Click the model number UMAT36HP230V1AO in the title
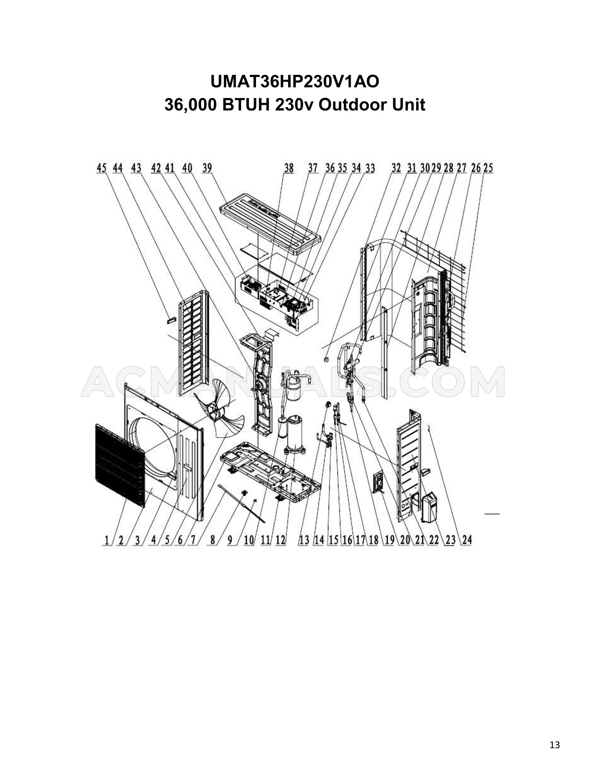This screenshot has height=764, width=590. [x=295, y=82]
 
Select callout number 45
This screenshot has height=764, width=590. [x=102, y=168]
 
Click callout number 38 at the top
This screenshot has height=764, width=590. [x=288, y=168]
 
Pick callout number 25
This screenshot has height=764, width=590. [x=488, y=168]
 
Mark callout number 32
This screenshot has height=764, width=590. [x=396, y=168]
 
